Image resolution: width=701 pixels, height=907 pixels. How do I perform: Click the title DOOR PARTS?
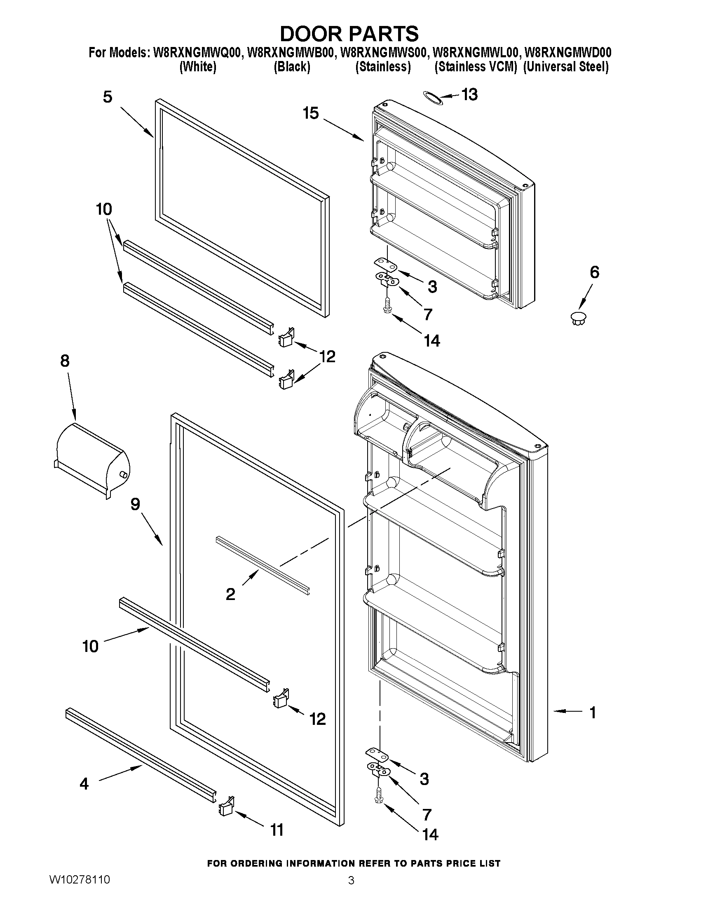[x=349, y=34]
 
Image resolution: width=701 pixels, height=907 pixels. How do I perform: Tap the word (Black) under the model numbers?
[x=292, y=67]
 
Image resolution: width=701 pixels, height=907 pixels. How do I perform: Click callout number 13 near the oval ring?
[x=470, y=95]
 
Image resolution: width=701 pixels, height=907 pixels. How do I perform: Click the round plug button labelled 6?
[x=578, y=318]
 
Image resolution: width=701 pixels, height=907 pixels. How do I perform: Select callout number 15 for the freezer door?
[x=311, y=113]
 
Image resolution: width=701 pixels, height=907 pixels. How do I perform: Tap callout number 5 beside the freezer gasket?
[x=108, y=97]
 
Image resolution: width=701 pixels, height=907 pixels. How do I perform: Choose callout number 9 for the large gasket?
[x=136, y=504]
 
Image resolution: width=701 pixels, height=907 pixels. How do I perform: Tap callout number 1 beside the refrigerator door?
[x=593, y=712]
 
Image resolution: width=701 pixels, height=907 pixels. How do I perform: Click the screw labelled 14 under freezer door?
[x=387, y=309]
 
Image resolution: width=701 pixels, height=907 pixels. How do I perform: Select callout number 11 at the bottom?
[x=277, y=830]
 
